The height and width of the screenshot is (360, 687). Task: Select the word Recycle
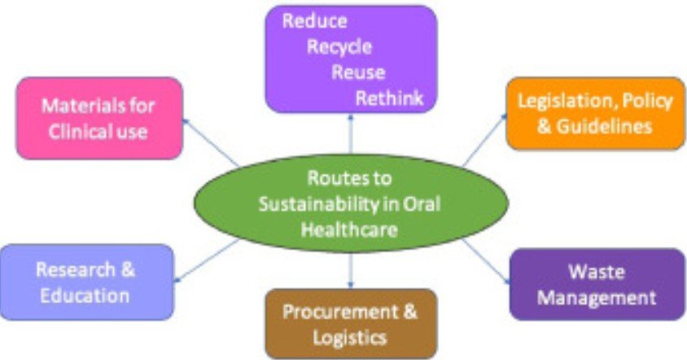339,47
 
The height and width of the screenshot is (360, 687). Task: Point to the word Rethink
390,99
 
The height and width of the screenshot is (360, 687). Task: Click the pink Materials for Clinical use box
98,118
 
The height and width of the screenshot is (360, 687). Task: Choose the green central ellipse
350,204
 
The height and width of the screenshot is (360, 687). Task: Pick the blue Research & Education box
86,282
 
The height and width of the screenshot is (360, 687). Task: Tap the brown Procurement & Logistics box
350,323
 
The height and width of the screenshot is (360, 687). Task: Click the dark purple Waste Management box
597,283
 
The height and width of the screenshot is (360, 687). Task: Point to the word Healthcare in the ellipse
350,230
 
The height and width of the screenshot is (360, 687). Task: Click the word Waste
597,270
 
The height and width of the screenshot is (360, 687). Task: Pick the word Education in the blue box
86,295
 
